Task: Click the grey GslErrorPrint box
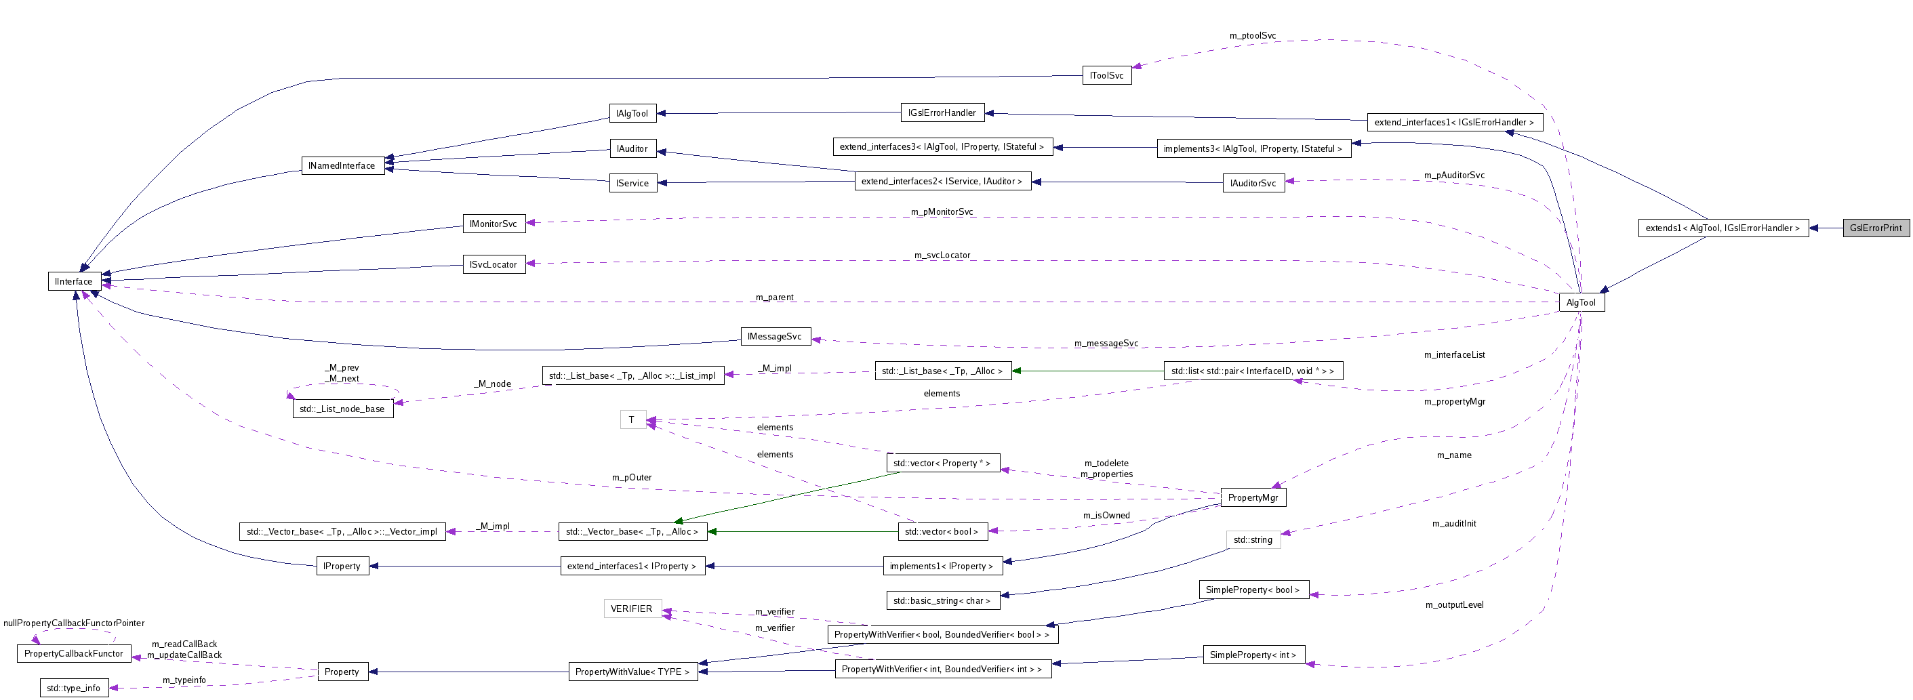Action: pos(1875,228)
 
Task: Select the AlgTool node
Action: pos(1581,302)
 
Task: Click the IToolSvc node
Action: pos(1106,75)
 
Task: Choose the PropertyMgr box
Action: pos(1253,497)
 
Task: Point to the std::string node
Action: pos(1253,539)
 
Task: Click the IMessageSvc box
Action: pos(775,336)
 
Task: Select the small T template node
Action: pos(632,419)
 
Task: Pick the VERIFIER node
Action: pos(632,609)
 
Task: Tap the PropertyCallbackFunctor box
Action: pos(73,653)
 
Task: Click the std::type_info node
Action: pos(73,688)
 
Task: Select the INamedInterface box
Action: pos(342,165)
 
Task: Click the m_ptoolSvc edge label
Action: pos(1252,36)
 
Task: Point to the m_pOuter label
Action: pos(631,477)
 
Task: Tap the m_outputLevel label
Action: pos(1454,605)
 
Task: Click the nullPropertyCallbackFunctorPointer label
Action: pos(73,623)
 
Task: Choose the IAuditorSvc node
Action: pos(1253,184)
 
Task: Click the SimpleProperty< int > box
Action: pos(1253,655)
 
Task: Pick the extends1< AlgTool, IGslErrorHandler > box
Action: pos(1722,228)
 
